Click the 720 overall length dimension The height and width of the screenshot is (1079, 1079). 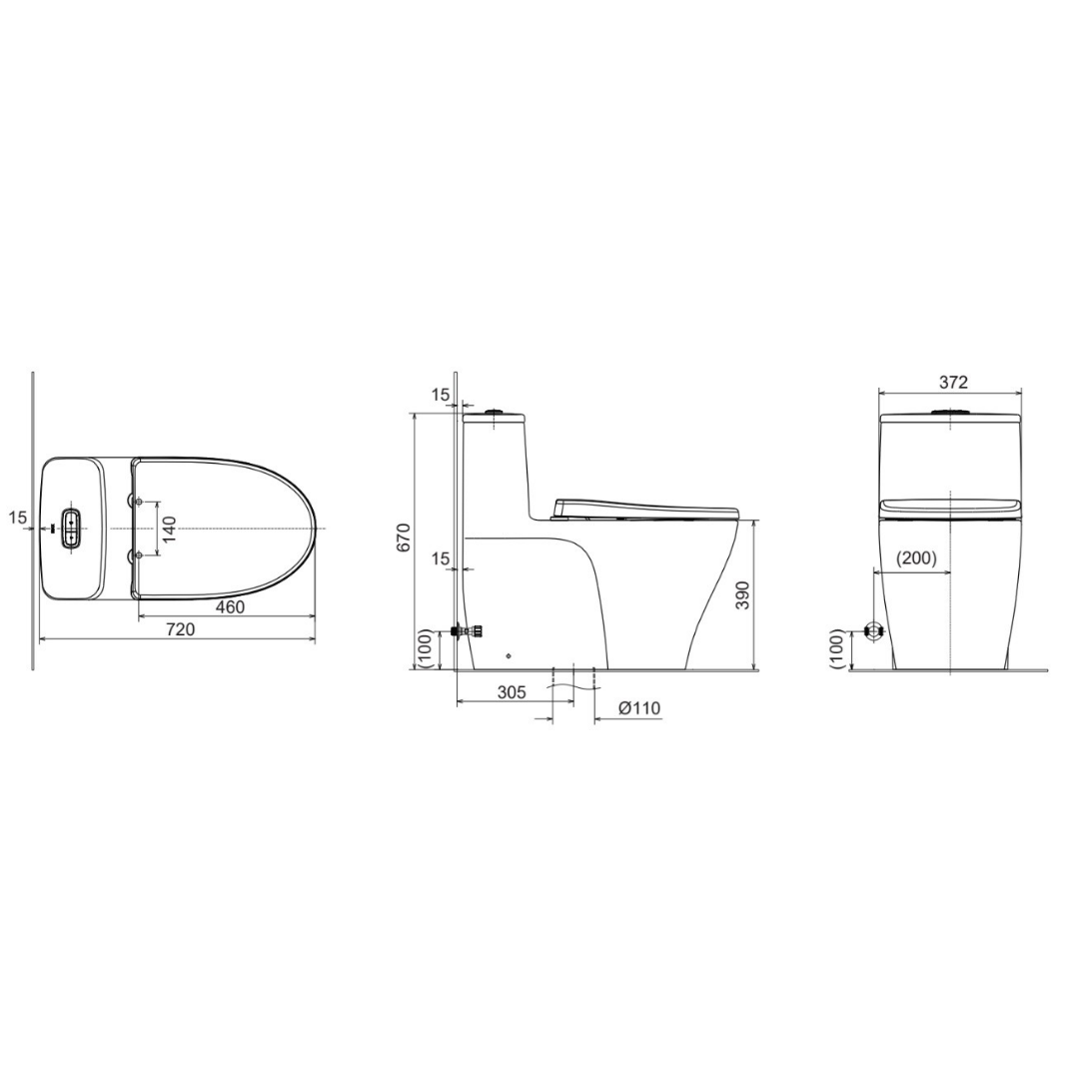tap(180, 629)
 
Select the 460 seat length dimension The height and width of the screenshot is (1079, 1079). tap(230, 607)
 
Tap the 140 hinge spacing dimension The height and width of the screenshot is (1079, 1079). tap(170, 529)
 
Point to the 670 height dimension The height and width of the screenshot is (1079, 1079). tap(404, 537)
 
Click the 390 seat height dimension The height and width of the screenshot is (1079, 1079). tap(743, 594)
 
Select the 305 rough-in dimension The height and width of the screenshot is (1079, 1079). tap(512, 691)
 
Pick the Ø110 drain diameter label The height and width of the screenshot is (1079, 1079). tap(639, 708)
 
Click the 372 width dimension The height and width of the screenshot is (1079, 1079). tap(954, 382)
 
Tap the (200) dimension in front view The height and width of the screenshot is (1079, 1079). tap(916, 558)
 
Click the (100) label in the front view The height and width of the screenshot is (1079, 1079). tap(837, 649)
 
